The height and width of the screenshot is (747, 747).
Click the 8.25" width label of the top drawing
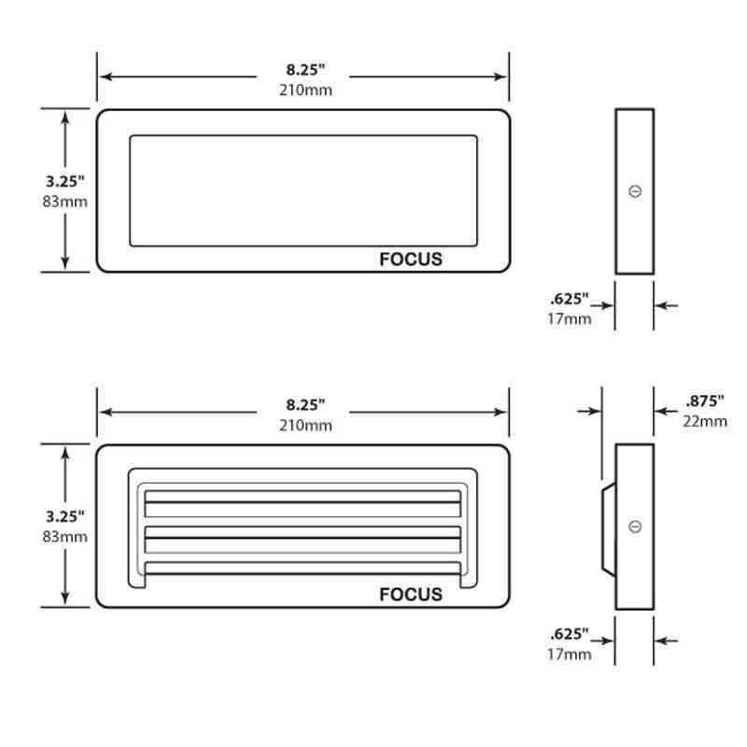304,69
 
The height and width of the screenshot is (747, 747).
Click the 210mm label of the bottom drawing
304,426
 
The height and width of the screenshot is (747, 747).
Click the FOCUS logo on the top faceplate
411,260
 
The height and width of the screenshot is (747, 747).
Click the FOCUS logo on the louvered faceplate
411,595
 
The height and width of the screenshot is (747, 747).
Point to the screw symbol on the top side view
635,191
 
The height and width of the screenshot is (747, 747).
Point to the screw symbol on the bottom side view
635,527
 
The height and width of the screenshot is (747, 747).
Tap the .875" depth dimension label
704,402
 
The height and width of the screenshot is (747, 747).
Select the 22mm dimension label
704,421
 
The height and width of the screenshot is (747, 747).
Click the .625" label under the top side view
569,300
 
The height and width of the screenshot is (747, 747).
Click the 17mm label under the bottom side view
569,654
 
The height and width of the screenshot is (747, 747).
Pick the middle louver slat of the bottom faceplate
303,538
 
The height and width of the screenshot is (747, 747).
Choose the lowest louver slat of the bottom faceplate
303,568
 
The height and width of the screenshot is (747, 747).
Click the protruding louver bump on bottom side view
608,528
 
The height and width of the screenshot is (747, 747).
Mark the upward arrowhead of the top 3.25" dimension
65,116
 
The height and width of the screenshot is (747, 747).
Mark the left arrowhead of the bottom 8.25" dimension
105,412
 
